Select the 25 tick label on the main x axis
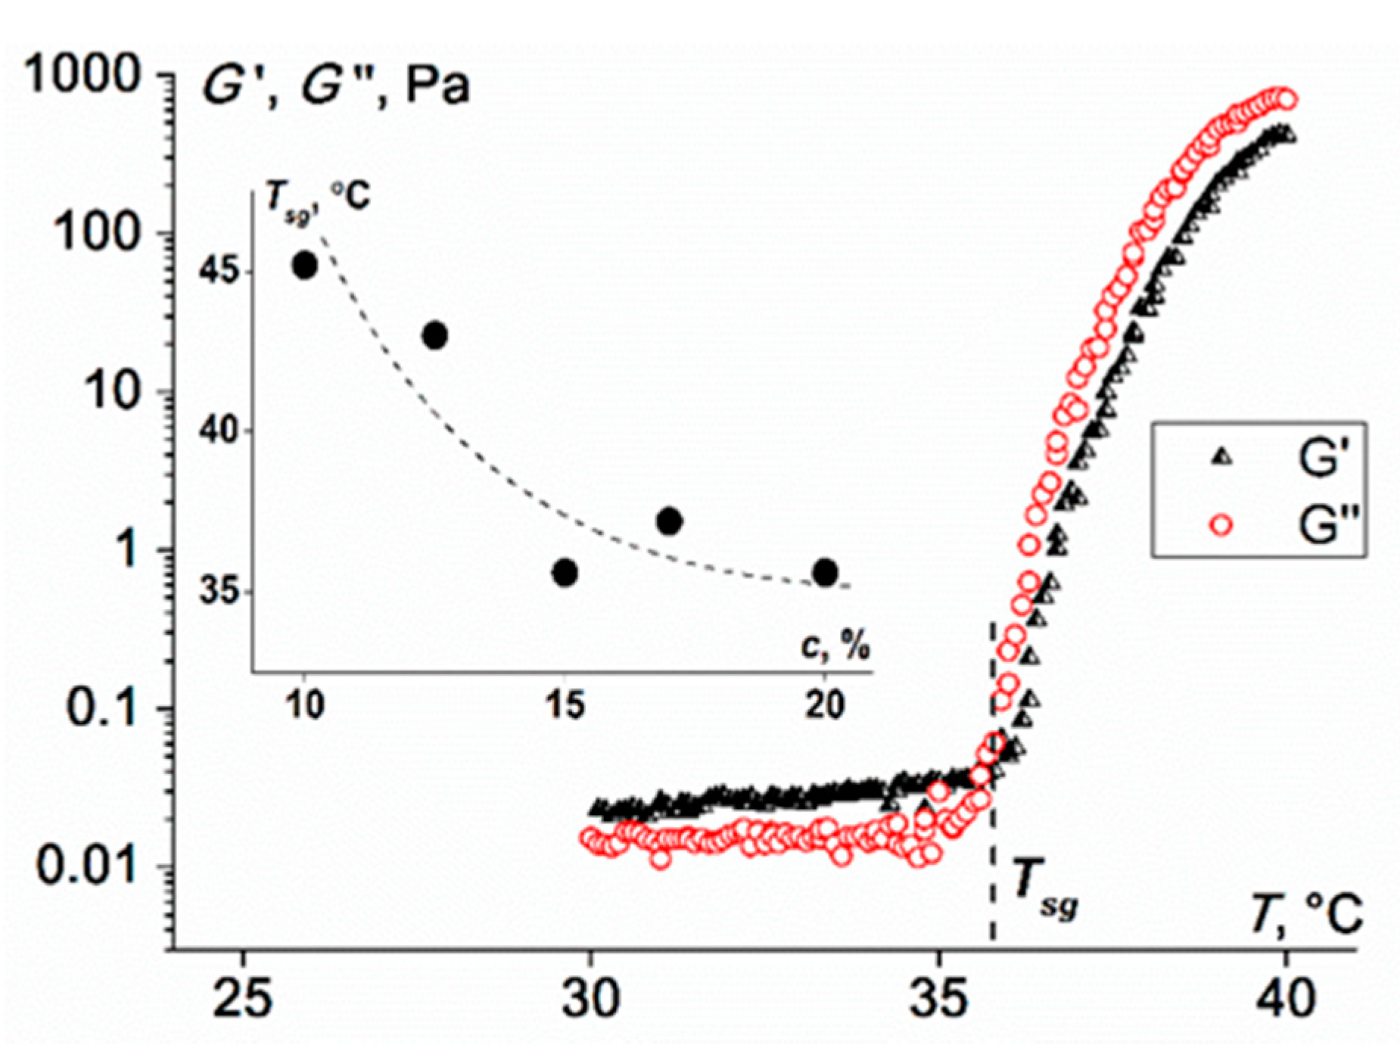coord(243,999)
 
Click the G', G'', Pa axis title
coord(334,86)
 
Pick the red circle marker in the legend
coord(1221,524)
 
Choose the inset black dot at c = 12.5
coord(434,335)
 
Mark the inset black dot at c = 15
coord(565,573)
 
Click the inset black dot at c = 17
coord(670,521)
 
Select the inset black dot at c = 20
coord(826,573)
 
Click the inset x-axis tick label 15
coord(565,705)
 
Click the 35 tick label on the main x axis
coord(938,999)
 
